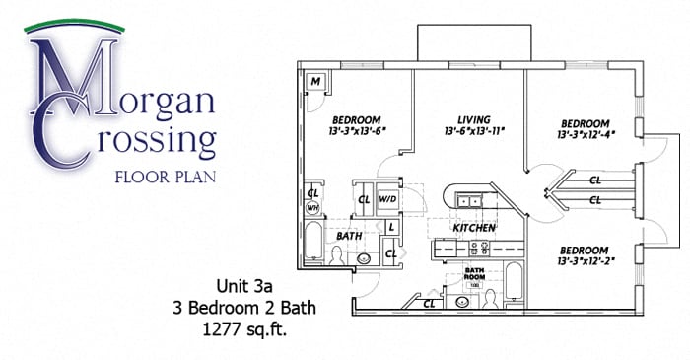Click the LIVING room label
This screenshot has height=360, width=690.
pyautogui.click(x=470, y=116)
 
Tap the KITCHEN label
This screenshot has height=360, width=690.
pyautogui.click(x=473, y=228)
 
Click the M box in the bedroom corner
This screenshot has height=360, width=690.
pyautogui.click(x=317, y=81)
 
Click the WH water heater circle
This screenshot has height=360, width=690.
pyautogui.click(x=312, y=208)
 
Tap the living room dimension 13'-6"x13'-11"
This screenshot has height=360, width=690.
pyautogui.click(x=470, y=129)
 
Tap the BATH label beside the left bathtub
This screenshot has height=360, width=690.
pyautogui.click(x=348, y=237)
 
